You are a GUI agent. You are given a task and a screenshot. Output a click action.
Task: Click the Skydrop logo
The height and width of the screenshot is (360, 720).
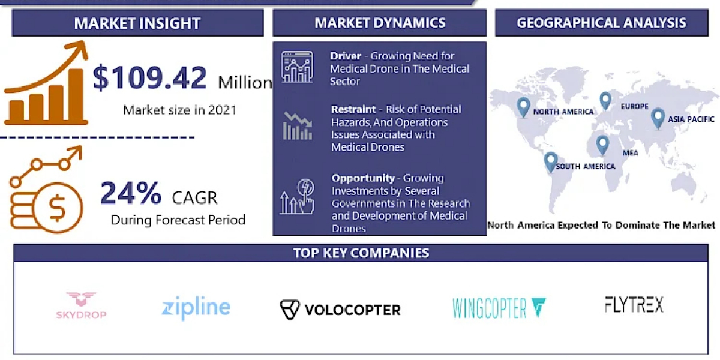[81, 305]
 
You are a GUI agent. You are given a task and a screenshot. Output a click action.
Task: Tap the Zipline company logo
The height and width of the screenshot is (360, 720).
[196, 308]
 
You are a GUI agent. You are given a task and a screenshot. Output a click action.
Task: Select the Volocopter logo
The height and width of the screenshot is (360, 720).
[340, 310]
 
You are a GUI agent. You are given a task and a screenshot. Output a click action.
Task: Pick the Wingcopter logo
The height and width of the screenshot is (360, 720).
[499, 308]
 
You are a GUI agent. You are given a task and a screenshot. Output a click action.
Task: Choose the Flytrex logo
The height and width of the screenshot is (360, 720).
[634, 305]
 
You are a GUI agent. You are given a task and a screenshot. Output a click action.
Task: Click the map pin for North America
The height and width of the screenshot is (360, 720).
[523, 107]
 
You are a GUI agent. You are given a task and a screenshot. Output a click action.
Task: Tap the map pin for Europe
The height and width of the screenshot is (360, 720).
[605, 101]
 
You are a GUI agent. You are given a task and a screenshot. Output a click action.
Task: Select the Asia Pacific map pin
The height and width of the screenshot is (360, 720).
[658, 119]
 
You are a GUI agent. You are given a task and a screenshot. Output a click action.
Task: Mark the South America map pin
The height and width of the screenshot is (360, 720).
[551, 162]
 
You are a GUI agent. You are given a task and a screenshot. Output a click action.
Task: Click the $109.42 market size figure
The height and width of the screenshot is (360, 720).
[150, 77]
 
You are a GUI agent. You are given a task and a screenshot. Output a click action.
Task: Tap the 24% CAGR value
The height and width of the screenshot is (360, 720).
[131, 193]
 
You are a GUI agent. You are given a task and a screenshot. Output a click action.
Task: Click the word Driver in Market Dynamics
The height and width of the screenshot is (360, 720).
[346, 56]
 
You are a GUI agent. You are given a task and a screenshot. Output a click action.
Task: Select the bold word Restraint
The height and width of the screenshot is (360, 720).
[353, 110]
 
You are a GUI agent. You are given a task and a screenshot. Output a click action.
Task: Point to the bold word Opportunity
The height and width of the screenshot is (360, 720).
[363, 178]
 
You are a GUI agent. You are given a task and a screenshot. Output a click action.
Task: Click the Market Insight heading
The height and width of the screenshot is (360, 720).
[137, 23]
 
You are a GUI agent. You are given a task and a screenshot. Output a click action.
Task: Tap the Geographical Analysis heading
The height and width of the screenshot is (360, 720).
[601, 23]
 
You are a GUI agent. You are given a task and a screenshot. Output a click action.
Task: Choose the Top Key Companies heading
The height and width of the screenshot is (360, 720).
[361, 253]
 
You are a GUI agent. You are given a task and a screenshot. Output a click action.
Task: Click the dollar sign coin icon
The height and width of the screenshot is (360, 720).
[58, 208]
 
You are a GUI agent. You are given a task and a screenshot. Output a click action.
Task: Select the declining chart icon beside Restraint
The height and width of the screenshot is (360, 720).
[298, 127]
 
